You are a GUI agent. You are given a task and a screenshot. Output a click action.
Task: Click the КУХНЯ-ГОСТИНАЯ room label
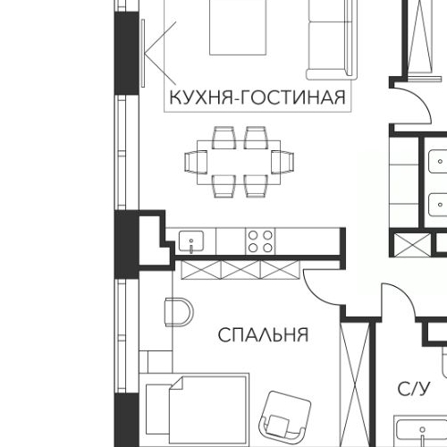point(257,97)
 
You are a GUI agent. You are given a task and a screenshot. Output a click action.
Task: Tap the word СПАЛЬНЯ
point(264,335)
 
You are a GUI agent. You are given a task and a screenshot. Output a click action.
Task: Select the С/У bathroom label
point(414,388)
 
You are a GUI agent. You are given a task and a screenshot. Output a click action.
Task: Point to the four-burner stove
point(260,240)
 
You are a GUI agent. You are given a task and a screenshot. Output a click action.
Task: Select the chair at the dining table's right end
point(283,162)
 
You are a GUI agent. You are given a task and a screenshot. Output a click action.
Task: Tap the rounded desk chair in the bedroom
point(179,314)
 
